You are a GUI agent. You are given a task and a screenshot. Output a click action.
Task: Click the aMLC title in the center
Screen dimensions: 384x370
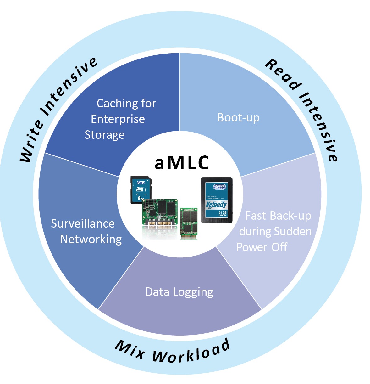182,163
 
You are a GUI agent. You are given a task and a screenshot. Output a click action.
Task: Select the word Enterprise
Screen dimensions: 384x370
118,119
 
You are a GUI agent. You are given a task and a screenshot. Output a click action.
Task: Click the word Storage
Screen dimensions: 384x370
105,135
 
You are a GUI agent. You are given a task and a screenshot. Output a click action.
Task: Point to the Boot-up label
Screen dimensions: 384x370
238,118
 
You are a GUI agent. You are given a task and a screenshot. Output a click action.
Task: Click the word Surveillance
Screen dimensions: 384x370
83,223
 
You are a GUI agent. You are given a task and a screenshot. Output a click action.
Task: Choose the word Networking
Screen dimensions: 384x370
91,239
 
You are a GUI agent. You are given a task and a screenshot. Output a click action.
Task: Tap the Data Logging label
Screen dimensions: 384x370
179,292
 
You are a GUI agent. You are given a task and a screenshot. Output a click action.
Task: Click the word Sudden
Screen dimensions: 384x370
293,231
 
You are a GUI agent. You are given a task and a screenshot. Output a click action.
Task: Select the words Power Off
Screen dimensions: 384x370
262,247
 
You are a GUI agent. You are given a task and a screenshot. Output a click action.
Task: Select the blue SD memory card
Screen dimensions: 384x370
141,190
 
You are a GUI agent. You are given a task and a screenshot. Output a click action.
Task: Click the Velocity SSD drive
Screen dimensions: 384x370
217,200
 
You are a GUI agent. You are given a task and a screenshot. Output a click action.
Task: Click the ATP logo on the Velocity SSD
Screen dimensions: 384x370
219,187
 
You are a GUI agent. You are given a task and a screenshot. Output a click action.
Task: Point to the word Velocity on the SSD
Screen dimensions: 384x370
216,205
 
